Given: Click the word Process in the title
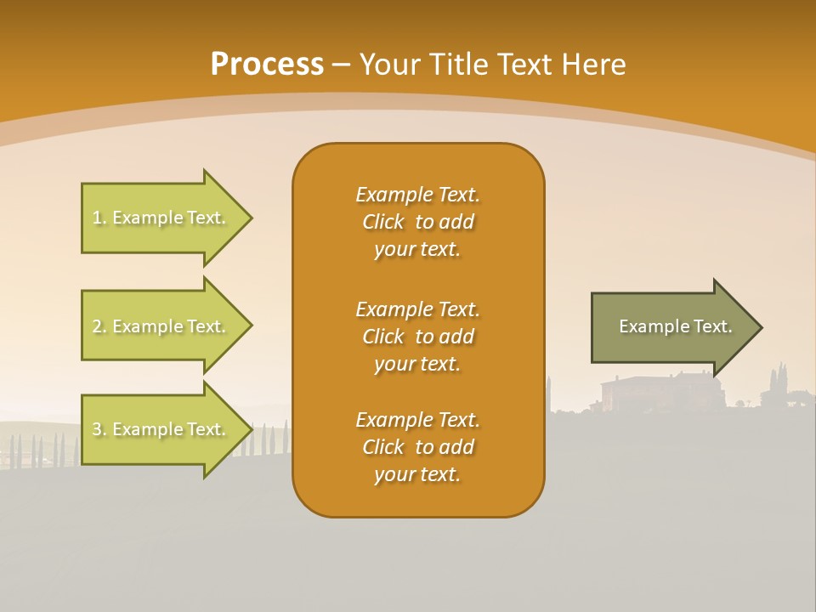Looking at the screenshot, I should pos(267,65).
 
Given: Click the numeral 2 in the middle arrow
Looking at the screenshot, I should pos(96,326).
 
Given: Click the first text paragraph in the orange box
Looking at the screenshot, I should pos(417,222).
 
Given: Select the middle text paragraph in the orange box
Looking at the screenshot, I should pos(417,337).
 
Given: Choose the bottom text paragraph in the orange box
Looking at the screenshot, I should pos(417,447).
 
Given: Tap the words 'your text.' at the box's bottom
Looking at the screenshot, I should pos(417,475).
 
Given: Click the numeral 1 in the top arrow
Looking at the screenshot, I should pos(96,218).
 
